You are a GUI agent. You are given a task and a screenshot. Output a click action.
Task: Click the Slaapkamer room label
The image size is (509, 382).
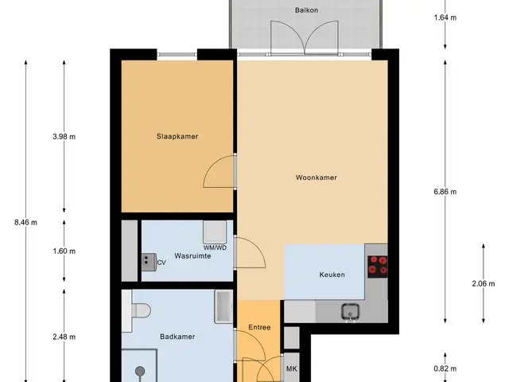pos(177,136)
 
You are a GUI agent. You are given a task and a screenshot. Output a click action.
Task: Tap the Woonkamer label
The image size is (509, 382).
pos(317,177)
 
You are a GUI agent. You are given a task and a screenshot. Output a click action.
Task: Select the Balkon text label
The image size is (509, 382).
pos(306,10)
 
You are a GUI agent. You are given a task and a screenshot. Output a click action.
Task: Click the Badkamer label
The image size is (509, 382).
pos(177,337)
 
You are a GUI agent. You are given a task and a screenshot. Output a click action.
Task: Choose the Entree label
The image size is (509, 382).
pos(259,327)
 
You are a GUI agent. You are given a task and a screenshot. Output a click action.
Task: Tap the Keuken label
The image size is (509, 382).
pos(332,275)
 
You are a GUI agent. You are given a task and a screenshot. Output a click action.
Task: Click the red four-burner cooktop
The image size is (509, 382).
pos(378,267)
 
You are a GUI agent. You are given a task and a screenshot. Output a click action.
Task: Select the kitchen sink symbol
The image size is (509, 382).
pos(350,312)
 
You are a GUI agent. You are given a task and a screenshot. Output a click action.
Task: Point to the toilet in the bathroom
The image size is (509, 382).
pos(142,310)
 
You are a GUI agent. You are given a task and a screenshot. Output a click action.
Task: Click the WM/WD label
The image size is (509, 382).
pos(215,248)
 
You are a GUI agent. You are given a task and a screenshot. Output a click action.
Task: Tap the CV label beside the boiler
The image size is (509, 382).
pos(161,263)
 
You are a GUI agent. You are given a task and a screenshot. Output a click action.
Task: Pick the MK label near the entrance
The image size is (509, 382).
pos(292,369)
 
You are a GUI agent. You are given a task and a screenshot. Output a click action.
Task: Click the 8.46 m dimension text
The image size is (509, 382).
pos(26,223)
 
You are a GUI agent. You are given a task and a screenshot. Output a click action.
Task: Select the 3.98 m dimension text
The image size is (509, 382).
pos(64,137)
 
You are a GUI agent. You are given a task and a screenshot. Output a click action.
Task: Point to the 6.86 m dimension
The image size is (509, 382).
pos(445,192)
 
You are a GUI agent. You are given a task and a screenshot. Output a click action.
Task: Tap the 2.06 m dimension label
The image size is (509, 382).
pos(484,284)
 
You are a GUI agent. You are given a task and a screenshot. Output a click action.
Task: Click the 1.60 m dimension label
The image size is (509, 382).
pos(64,251)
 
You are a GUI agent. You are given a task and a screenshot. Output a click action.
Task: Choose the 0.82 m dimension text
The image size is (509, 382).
pos(445,368)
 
